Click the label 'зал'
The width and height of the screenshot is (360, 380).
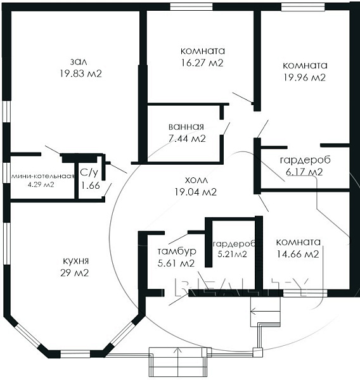(79, 62)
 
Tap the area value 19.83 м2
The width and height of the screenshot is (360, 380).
(80, 73)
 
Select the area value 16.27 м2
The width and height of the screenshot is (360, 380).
(202, 63)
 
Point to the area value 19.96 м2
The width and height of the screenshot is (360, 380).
(305, 77)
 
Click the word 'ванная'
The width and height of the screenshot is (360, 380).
(186, 127)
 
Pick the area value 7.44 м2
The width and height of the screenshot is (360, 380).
(187, 139)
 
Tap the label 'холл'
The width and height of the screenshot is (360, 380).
(196, 180)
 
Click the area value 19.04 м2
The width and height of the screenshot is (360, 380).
(195, 192)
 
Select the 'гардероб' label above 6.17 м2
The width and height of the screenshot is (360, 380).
(305, 160)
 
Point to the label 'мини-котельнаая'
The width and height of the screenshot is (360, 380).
(43, 176)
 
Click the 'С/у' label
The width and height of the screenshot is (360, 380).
(89, 173)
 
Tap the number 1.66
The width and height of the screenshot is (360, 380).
(90, 186)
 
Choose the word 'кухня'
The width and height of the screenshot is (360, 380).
(75, 261)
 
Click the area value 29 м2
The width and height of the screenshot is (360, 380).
(75, 273)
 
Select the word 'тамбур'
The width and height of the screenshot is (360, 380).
(177, 251)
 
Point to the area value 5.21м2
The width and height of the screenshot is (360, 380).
(232, 254)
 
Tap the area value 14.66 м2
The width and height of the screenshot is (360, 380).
(298, 254)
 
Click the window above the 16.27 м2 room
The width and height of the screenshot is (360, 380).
(191, 7)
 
